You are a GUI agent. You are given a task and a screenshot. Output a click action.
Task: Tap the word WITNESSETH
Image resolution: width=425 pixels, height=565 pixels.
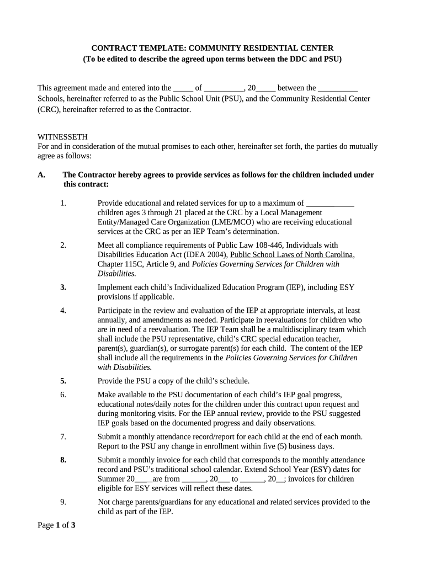(x=62, y=137)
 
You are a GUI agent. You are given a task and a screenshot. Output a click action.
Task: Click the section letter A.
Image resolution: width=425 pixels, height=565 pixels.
(x=41, y=175)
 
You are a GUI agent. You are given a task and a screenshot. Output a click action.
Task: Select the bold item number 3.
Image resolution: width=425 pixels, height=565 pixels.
(x=63, y=287)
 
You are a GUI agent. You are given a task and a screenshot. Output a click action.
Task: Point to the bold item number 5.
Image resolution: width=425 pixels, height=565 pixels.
(x=63, y=381)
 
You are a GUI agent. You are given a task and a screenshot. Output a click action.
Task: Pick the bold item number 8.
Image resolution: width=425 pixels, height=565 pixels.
(x=63, y=460)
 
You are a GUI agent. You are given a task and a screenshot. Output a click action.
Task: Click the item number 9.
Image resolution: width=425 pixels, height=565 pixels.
(x=63, y=502)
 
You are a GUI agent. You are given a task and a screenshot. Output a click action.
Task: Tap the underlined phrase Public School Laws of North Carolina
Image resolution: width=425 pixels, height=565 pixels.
(x=291, y=254)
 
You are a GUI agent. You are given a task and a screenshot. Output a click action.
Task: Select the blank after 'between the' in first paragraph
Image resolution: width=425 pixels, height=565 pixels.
(x=338, y=88)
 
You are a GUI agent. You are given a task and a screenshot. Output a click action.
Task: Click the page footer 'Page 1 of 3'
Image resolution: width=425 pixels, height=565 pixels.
(x=56, y=525)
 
